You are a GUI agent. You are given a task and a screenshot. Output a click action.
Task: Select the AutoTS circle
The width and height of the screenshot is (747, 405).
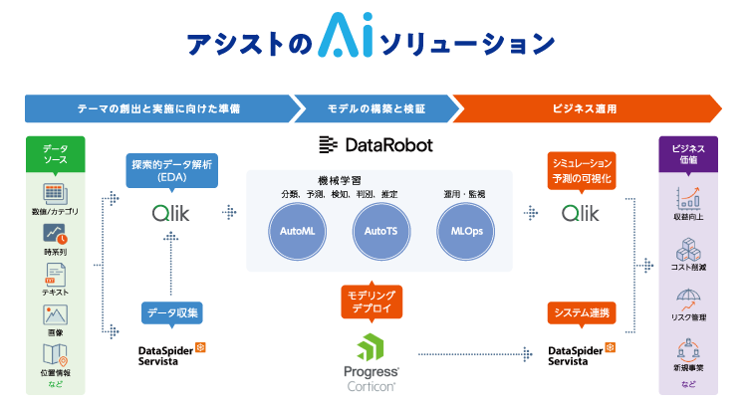click(x=377, y=230)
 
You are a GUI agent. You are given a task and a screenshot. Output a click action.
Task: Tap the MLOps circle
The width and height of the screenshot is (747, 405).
click(x=462, y=230)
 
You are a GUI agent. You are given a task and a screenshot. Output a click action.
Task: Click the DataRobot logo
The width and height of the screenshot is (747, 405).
click(x=375, y=145)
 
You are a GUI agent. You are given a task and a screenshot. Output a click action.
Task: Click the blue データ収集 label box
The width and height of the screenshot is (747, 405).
click(x=171, y=313)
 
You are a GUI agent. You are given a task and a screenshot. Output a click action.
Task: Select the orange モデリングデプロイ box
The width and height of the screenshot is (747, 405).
click(x=370, y=303)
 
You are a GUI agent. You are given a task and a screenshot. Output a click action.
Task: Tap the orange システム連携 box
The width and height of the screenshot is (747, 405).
click(x=583, y=313)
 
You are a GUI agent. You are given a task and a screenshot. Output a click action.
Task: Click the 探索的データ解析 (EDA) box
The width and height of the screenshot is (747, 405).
click(x=171, y=169)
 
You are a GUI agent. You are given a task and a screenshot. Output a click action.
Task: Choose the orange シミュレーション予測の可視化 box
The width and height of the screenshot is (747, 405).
click(x=583, y=169)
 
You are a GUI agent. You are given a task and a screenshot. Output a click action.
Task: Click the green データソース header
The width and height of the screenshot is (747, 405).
click(x=55, y=154)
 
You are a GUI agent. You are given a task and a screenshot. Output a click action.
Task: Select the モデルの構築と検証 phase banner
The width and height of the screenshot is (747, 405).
click(x=374, y=107)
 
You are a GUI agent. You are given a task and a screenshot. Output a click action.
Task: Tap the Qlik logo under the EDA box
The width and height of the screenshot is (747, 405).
click(x=171, y=212)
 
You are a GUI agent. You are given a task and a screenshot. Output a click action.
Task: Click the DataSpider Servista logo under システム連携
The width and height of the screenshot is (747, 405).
click(x=583, y=355)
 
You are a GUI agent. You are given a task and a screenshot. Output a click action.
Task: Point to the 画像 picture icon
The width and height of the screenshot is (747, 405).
click(x=55, y=314)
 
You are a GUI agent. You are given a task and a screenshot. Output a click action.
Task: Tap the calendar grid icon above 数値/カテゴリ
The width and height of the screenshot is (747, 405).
click(x=55, y=193)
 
